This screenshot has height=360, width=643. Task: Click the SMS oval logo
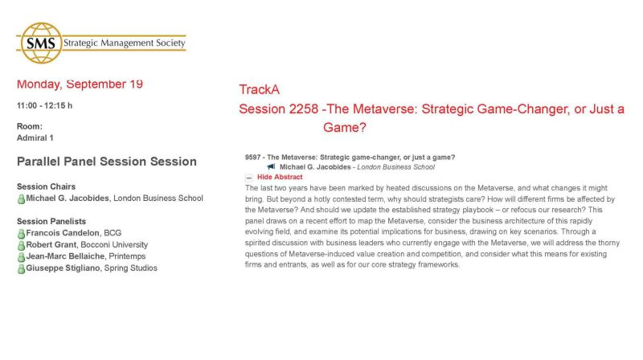[x=39, y=43]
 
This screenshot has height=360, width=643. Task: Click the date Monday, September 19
[x=80, y=84]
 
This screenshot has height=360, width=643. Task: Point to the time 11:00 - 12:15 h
[x=44, y=105]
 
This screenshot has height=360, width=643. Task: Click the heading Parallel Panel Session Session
[x=107, y=162]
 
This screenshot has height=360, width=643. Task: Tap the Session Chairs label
[x=46, y=186]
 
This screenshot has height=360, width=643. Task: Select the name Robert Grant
[x=51, y=245]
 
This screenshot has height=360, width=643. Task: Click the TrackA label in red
[x=260, y=90]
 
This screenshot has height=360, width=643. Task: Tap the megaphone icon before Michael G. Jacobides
[x=272, y=167]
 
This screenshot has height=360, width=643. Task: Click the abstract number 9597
[x=253, y=157]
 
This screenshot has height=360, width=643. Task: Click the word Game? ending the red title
[x=345, y=127]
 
